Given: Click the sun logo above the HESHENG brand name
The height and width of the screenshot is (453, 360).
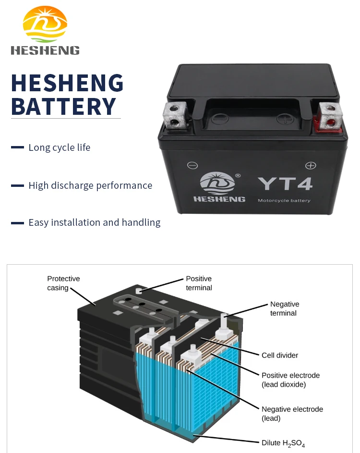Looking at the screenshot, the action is [x=45, y=24].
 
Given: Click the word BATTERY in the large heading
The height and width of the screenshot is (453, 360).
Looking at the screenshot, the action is [x=63, y=106].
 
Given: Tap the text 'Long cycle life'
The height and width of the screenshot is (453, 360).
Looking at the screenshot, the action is [x=59, y=147].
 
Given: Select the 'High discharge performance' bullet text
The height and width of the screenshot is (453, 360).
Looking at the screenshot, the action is [x=90, y=185].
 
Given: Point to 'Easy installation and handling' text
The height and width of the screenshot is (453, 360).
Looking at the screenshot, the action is [x=94, y=222].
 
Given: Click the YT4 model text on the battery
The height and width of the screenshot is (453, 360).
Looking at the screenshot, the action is [x=285, y=184].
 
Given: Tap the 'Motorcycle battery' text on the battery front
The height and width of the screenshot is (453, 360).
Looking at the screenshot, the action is [x=284, y=200].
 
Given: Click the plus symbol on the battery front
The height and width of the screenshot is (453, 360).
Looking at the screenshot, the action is [x=311, y=166].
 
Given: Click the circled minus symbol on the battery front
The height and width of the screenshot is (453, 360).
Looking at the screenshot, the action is [x=192, y=166].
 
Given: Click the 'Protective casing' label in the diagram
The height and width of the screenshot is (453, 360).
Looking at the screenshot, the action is [x=63, y=283].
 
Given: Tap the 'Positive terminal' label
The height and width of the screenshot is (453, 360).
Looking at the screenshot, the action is [x=199, y=283].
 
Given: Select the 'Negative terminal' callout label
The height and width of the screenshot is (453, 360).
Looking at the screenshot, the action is [x=285, y=308].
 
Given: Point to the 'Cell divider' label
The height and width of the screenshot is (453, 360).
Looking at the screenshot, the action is [x=280, y=355].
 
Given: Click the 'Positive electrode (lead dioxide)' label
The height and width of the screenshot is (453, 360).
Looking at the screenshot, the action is [x=290, y=380].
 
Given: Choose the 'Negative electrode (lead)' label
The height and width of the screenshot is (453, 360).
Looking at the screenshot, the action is [x=292, y=414].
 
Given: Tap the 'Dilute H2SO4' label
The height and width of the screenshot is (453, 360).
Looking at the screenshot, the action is [x=283, y=443].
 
